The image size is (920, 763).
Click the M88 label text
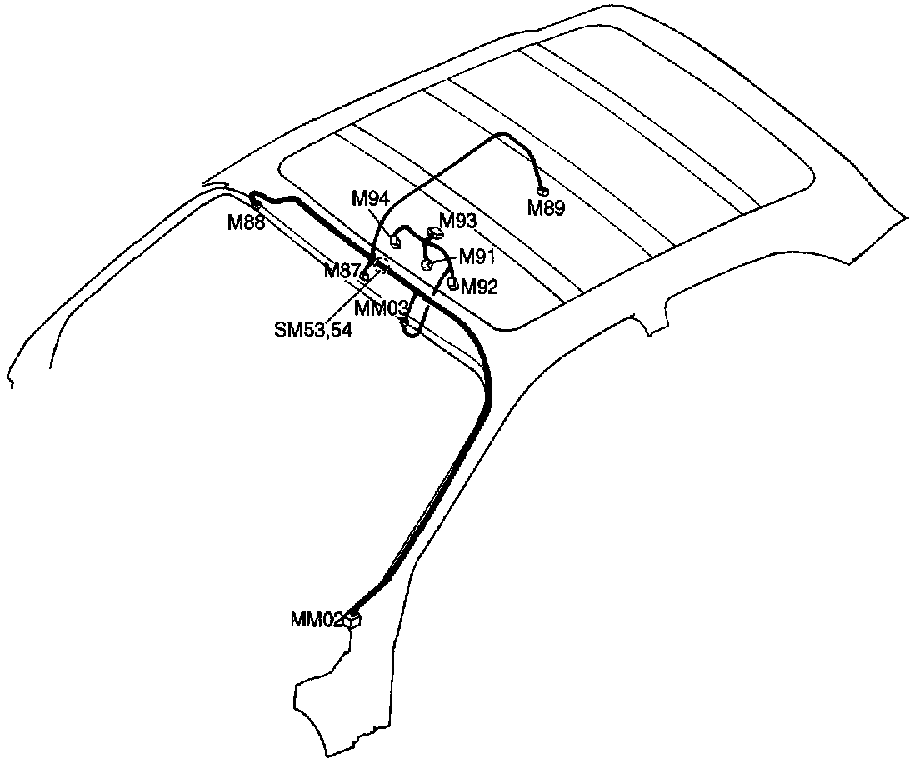(x=246, y=222)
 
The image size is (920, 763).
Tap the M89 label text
(x=546, y=208)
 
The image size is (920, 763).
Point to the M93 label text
(x=458, y=221)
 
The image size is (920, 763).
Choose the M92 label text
(x=479, y=288)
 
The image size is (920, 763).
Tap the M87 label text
(x=342, y=272)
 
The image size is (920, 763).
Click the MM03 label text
(x=380, y=308)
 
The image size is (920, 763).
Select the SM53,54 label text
(x=313, y=330)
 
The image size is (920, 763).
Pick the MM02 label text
(x=317, y=619)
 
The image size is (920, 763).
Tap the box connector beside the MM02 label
(x=355, y=619)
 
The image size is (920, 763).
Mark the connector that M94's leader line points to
(x=397, y=243)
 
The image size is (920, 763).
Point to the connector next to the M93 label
(x=433, y=233)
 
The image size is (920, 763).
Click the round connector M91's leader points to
(x=427, y=265)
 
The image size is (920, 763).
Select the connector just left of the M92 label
(x=453, y=283)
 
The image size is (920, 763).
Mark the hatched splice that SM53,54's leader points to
(x=383, y=266)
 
